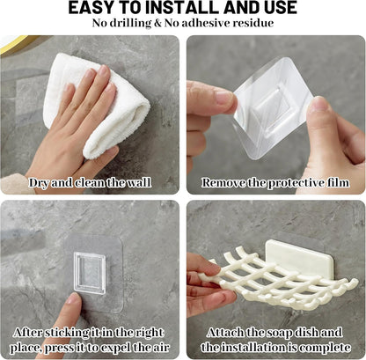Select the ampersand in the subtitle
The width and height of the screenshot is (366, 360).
[x=157, y=23]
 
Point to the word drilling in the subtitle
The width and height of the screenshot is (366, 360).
[x=130, y=24]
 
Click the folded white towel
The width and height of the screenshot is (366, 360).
[x=97, y=106]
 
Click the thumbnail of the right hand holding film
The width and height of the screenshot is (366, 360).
[x=317, y=104]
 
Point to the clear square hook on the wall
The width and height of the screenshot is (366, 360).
[x=90, y=273]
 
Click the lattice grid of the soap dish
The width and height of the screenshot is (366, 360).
[x=279, y=282]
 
